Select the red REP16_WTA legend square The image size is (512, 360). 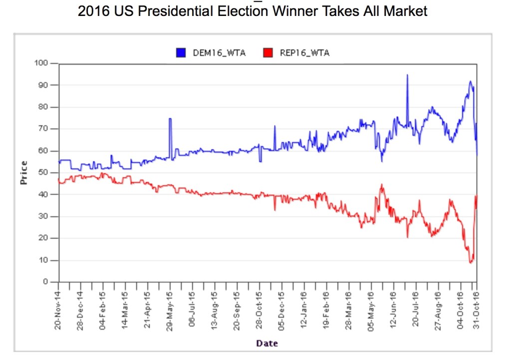click(268, 53)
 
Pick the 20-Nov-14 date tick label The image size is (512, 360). click(59, 311)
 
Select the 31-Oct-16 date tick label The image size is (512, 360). click(476, 311)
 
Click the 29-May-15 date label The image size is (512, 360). click(170, 311)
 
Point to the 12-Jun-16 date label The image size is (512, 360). click(393, 311)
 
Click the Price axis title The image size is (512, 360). click(23, 173)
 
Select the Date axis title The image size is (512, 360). click(267, 343)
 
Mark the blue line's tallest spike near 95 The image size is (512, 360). click(407, 75)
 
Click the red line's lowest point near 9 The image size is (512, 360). click(470, 262)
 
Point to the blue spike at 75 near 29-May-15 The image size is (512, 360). click(170, 119)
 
